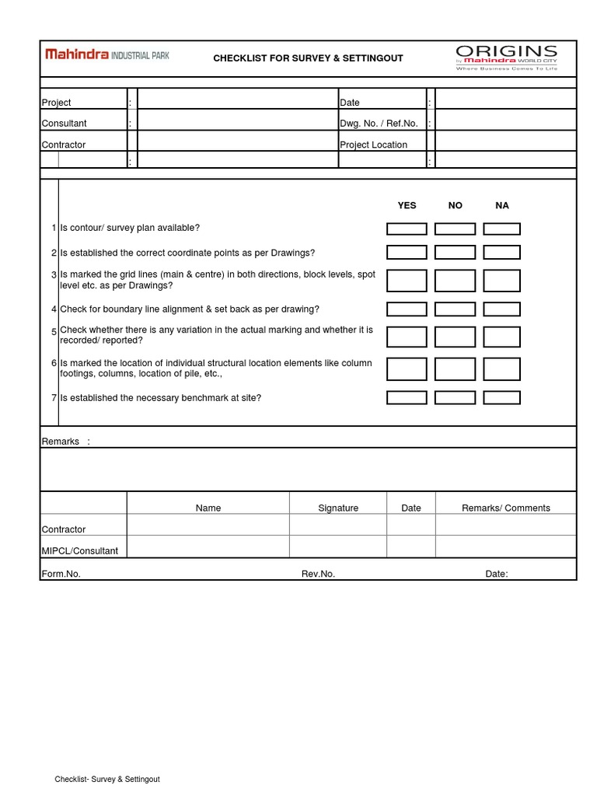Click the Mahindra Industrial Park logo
pyautogui.click(x=106, y=55)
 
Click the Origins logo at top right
pyautogui.click(x=506, y=58)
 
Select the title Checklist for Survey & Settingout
pyautogui.click(x=308, y=58)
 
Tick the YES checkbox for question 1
pyautogui.click(x=407, y=229)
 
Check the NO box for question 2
pyautogui.click(x=455, y=253)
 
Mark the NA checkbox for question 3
pyautogui.click(x=501, y=281)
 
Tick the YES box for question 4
pyautogui.click(x=407, y=309)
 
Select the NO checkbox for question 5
pyautogui.click(x=455, y=337)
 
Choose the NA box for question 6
pyautogui.click(x=501, y=368)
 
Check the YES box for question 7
pyautogui.click(x=407, y=398)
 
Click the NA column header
pyautogui.click(x=502, y=205)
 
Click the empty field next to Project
pyautogui.click(x=237, y=102)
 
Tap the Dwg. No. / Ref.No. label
pyautogui.click(x=379, y=124)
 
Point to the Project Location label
pyautogui.click(x=373, y=145)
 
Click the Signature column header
pyautogui.click(x=338, y=508)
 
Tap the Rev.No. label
pyautogui.click(x=318, y=574)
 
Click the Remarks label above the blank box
pyautogui.click(x=61, y=442)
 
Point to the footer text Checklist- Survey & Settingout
pyautogui.click(x=107, y=779)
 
